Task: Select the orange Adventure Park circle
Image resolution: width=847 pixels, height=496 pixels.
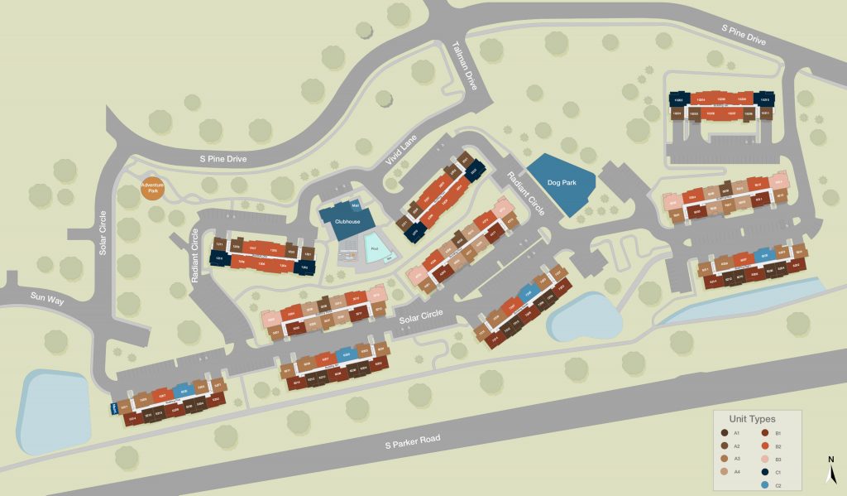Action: click(151, 189)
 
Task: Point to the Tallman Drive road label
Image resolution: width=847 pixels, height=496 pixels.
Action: click(468, 65)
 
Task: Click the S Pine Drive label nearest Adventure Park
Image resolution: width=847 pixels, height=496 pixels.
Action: click(223, 158)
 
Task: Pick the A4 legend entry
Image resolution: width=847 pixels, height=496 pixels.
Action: click(731, 470)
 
